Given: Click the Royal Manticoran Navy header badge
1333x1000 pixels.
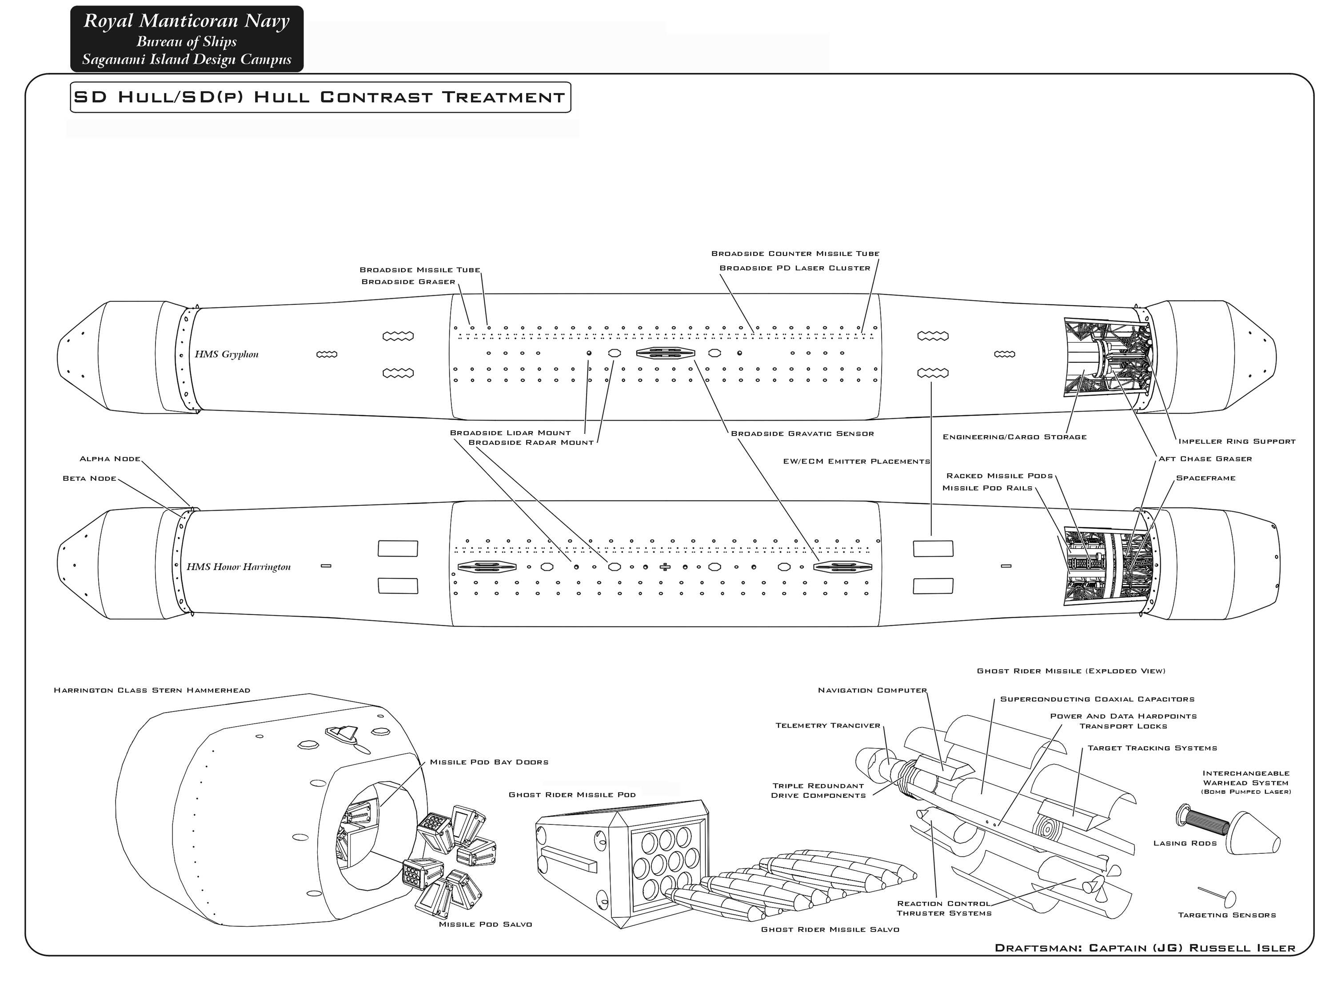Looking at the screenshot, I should click(x=187, y=39).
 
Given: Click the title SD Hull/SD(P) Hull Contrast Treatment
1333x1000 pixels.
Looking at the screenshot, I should click(x=320, y=97).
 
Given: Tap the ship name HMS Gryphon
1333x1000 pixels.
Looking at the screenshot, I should click(x=227, y=354).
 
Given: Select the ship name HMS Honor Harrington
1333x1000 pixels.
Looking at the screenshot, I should click(x=239, y=567).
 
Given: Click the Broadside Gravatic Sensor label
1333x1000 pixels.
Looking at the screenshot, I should click(x=802, y=433).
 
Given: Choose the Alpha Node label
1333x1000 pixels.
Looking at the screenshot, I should click(x=110, y=459).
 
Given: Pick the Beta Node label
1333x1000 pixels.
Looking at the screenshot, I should click(x=89, y=478).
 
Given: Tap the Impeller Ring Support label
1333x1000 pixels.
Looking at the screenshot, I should click(x=1237, y=441).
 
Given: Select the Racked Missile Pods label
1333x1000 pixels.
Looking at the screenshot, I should click(x=999, y=476).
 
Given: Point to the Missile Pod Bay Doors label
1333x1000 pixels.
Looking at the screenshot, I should click(x=489, y=762).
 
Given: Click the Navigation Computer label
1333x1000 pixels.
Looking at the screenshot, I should click(x=872, y=690).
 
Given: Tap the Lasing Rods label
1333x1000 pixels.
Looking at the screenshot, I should click(x=1185, y=843).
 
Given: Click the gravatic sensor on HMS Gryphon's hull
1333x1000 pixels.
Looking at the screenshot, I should click(x=665, y=353).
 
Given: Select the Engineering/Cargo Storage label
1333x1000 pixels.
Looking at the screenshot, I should click(x=1014, y=437).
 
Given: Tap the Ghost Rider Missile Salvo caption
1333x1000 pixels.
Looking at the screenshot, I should click(x=830, y=929).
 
